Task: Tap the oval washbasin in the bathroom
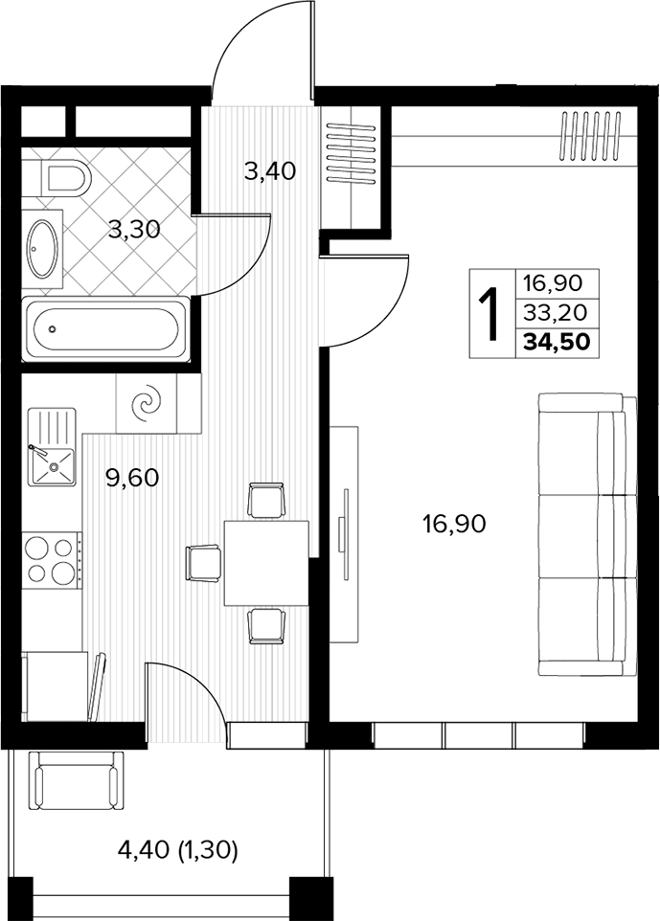point(44,249)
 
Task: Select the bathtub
point(105,329)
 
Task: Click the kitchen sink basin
point(54,467)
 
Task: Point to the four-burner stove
point(53,560)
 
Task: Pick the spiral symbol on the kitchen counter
point(146,403)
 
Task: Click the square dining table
point(267,563)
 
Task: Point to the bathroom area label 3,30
point(134,230)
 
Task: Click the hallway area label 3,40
point(270,172)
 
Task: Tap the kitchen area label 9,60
point(132,478)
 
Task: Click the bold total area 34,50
point(556,341)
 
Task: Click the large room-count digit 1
point(489,314)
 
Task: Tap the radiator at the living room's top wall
point(591,135)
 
